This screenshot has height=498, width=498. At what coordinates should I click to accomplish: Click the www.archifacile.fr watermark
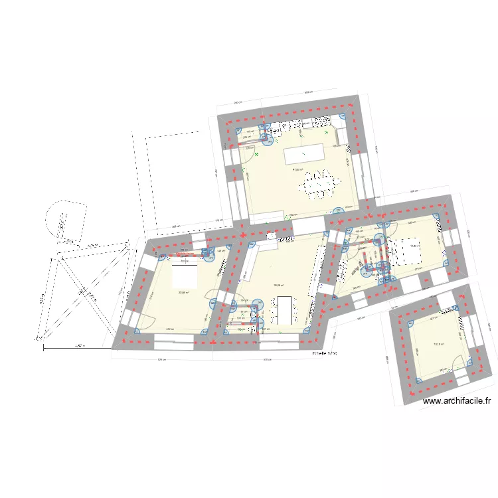[457, 400]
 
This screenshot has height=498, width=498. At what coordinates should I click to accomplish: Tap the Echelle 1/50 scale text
[325, 354]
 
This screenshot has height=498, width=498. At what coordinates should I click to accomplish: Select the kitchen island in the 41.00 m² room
[302, 155]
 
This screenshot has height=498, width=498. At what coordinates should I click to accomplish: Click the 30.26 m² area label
[278, 286]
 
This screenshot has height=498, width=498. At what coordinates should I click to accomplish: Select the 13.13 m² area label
[438, 344]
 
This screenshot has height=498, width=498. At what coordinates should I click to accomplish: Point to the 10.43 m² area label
[414, 246]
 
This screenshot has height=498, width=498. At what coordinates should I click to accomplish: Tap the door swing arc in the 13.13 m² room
[456, 363]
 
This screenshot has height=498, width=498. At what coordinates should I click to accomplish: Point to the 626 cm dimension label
[161, 360]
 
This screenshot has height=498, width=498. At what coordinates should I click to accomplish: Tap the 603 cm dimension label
[308, 93]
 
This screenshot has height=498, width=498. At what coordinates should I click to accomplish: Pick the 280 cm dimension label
[237, 103]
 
